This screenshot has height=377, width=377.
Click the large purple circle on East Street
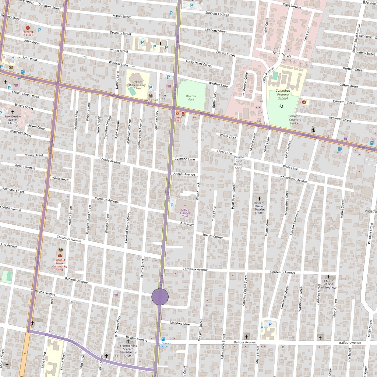pos(160,297)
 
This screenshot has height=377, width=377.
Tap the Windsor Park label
pos(191,98)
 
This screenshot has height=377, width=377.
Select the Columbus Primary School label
pos(283,94)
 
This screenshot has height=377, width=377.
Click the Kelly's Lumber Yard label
pos(185,213)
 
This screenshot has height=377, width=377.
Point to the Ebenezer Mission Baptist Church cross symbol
pos(260,198)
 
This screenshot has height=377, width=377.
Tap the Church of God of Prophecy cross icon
pos(329,276)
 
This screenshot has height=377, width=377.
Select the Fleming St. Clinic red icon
pos(28,28)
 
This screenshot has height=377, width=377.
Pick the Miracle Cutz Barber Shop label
pos(239,162)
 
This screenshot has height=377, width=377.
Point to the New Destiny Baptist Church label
pos(13,119)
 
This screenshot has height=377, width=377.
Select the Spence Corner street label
pos(213,236)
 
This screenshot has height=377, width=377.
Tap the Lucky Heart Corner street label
pos(199,63)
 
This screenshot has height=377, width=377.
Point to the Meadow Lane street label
pos(180,324)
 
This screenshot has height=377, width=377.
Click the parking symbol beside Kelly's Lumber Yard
pos(172,204)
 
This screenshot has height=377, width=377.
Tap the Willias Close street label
pos(228,136)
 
